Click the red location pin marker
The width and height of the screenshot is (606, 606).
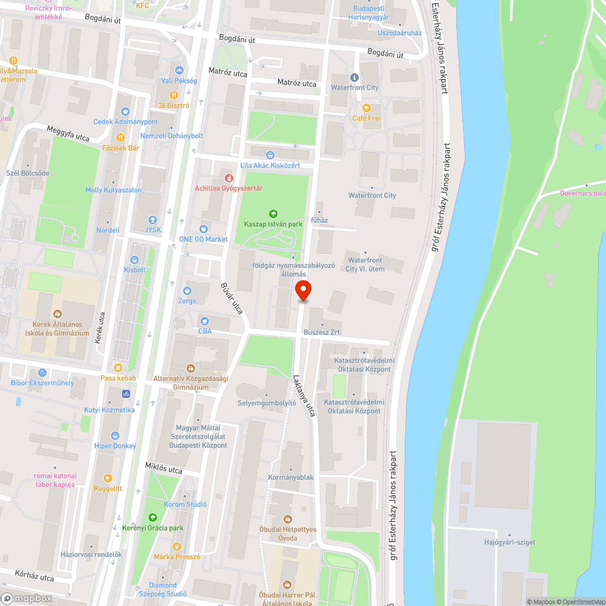(303, 291)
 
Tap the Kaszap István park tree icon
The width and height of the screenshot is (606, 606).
(273, 213)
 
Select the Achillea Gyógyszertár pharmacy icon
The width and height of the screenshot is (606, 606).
(228, 178)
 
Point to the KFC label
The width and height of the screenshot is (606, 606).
(142, 5)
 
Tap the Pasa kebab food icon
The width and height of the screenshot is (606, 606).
(118, 368)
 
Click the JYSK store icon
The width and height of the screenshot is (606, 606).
(153, 220)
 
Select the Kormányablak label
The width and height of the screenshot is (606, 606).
(291, 478)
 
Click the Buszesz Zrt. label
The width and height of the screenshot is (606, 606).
(322, 333)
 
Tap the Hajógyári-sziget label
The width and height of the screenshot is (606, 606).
(510, 542)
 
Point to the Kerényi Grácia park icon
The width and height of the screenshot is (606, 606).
(153, 518)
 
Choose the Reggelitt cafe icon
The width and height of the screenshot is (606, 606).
(108, 478)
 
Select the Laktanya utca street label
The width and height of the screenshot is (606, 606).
(304, 396)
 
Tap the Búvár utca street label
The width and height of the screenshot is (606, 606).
(231, 298)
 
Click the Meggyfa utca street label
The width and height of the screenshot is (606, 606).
(68, 133)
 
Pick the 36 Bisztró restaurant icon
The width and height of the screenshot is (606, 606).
(174, 95)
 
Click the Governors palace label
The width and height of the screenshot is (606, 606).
(582, 193)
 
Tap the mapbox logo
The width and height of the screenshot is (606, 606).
(27, 598)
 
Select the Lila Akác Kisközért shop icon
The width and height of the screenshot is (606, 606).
(270, 155)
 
